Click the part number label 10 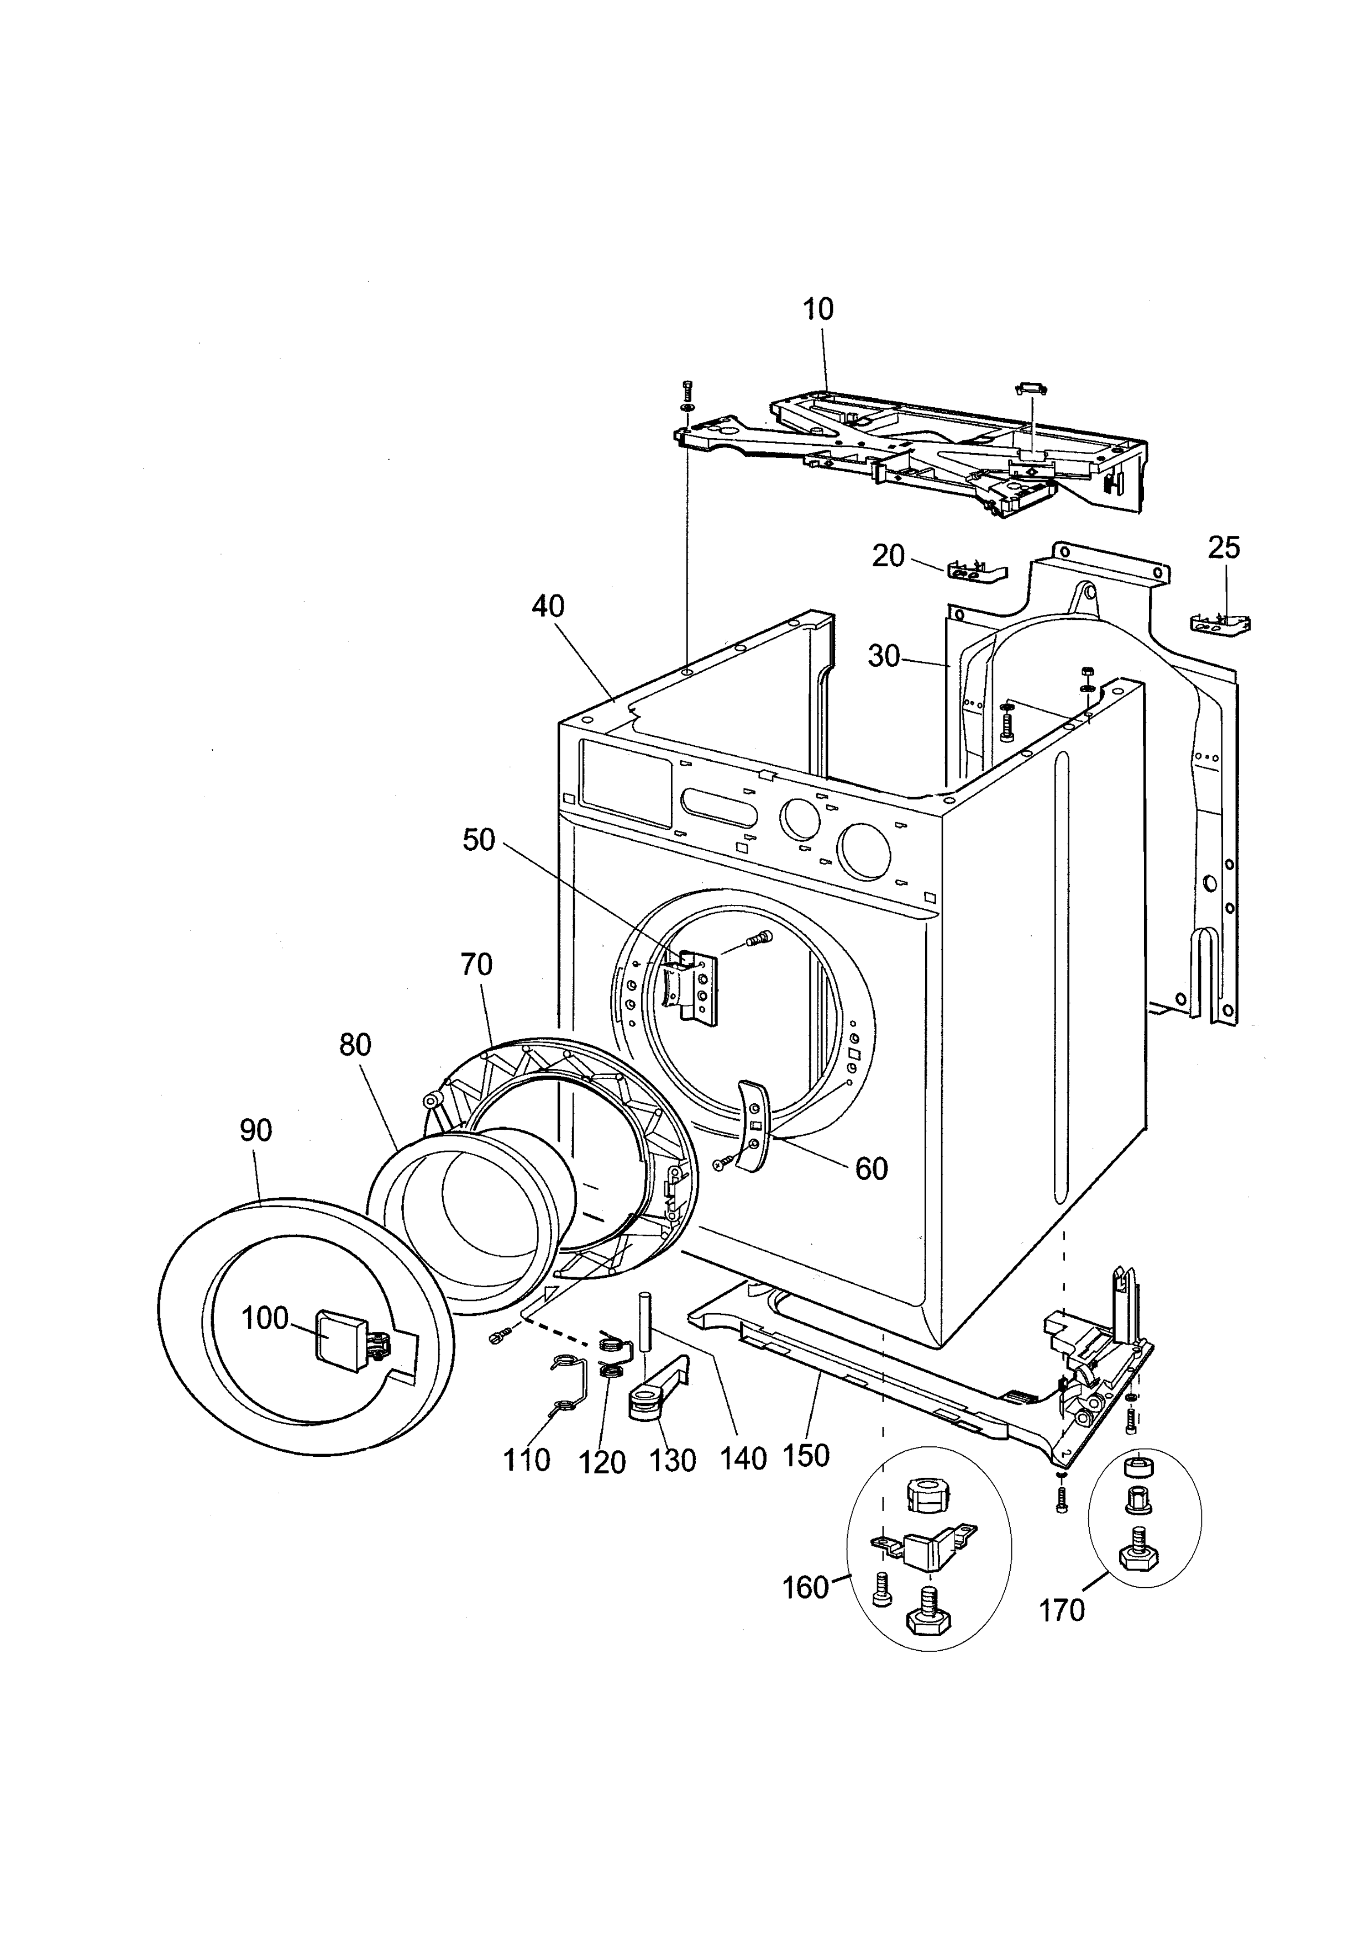[x=818, y=310]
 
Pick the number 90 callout [x=256, y=1130]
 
